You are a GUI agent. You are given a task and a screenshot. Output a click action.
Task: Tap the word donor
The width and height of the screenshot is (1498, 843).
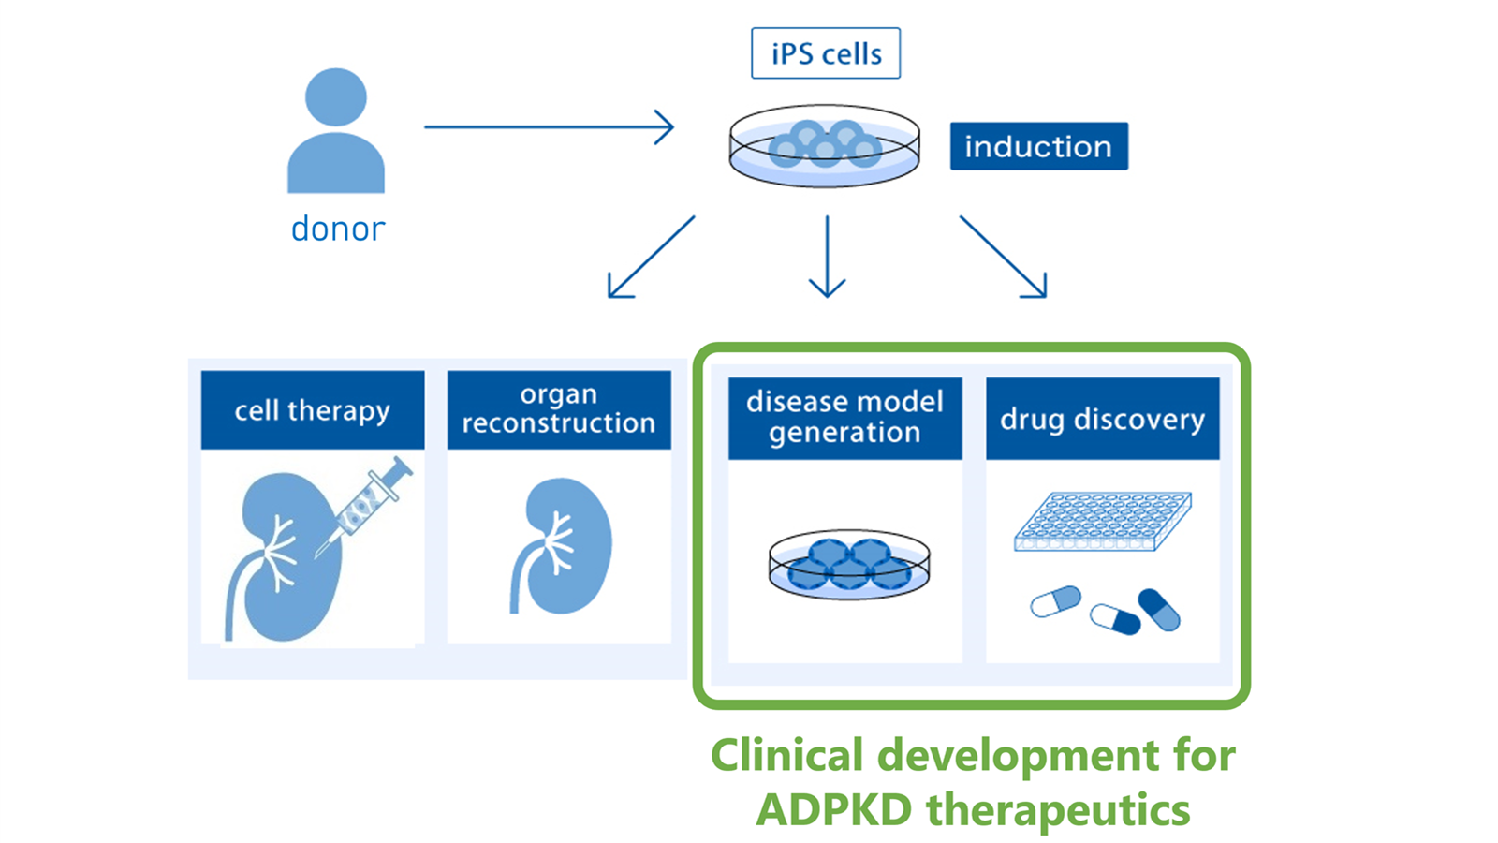pos(338,229)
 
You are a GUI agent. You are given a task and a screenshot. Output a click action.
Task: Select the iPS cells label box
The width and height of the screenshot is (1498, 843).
pos(826,53)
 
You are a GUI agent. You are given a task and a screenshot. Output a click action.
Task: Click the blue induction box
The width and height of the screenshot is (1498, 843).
pos(1039,146)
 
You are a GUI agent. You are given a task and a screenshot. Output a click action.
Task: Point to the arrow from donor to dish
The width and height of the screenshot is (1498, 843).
pos(549,126)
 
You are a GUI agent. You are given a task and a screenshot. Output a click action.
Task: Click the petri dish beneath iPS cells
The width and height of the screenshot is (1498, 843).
pos(825,146)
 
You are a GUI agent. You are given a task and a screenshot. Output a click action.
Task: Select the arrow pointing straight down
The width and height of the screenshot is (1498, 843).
pos(828,257)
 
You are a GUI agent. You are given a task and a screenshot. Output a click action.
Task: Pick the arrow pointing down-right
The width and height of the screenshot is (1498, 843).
pos(1003,257)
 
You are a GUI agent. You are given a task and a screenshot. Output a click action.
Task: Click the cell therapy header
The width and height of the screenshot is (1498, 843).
pos(313,410)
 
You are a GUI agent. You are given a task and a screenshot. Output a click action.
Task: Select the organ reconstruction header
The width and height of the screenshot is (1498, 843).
pos(559,410)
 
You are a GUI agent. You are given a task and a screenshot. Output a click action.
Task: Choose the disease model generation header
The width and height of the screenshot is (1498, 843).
pos(845,418)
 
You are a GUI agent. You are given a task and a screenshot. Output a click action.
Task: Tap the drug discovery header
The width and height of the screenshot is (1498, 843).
pos(1103,418)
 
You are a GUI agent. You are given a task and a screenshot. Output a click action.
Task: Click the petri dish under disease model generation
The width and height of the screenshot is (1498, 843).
pos(849,566)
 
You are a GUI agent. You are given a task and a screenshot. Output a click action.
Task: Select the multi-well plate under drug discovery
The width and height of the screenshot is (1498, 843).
pos(1103,522)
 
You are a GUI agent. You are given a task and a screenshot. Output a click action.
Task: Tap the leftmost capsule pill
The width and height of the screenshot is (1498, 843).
pos(1056,601)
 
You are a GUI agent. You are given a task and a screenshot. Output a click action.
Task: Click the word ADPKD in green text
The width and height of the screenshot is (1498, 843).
pos(834,809)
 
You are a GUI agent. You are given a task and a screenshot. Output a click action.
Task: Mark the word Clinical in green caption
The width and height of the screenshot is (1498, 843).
pos(787,755)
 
